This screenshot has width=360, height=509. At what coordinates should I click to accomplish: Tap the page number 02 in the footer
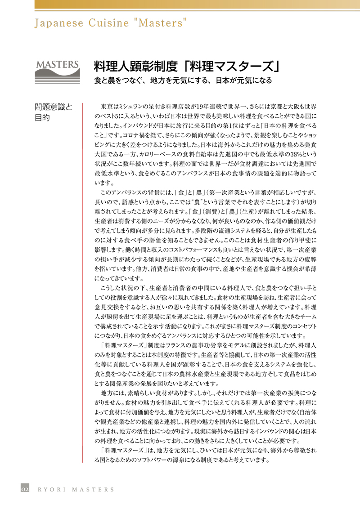point(25,489)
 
